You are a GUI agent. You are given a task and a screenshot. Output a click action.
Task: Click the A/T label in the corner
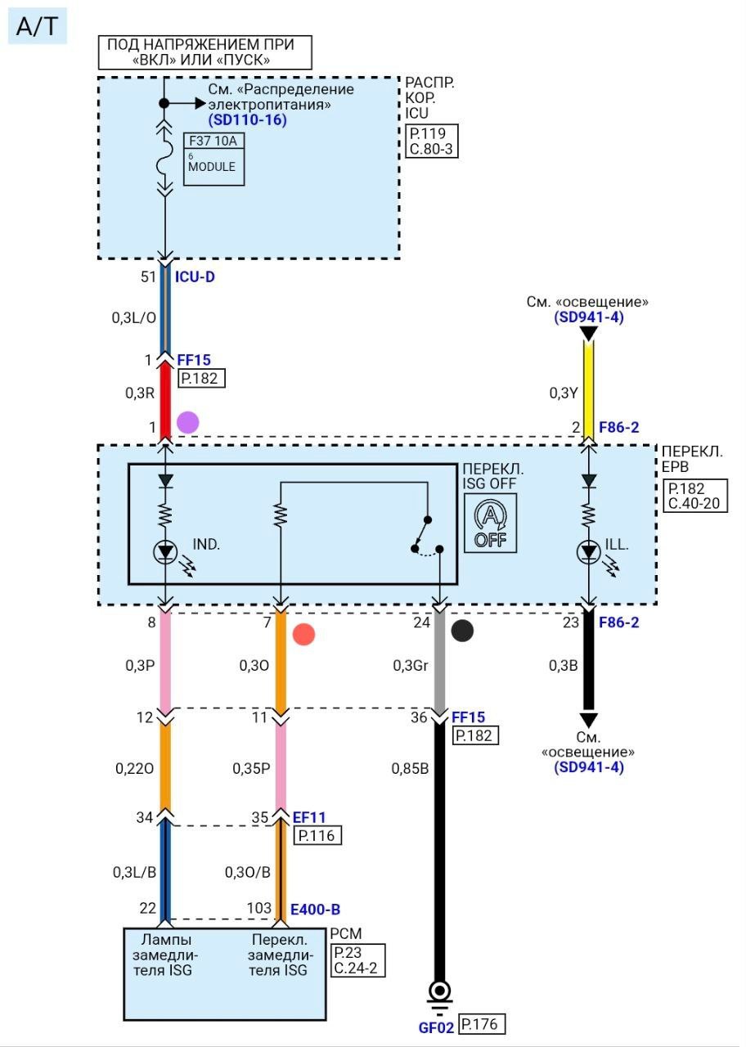point(37,27)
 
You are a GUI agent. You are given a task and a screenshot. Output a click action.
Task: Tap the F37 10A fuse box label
point(213,141)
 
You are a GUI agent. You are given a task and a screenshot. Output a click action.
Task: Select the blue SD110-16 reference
point(247,119)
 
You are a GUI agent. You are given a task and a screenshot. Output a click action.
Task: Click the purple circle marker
point(188,422)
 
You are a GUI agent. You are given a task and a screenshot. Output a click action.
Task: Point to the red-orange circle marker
point(303,634)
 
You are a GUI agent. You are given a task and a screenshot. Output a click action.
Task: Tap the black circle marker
point(462,631)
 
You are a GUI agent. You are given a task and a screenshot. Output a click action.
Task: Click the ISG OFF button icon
point(491,524)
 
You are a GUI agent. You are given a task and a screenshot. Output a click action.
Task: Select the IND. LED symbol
point(165,553)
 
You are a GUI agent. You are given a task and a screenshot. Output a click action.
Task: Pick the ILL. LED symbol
point(587,553)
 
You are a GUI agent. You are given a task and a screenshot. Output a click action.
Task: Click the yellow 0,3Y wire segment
point(587,384)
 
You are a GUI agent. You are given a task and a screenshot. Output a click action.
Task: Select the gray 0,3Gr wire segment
point(439,664)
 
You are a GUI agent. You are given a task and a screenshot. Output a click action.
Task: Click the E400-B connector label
point(315,910)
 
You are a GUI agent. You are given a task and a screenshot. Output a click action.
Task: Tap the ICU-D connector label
point(195,277)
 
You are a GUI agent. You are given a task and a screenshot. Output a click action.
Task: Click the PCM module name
point(346,933)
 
